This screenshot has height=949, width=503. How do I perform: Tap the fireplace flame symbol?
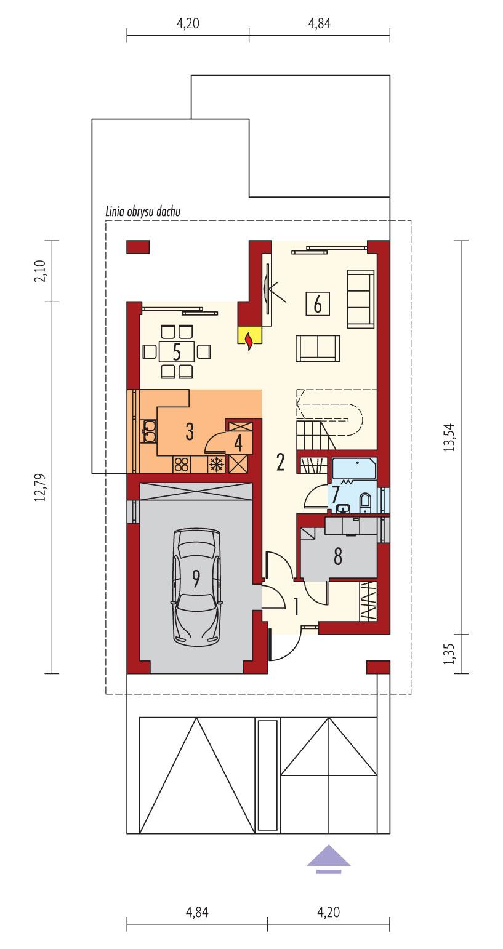pos(249,340)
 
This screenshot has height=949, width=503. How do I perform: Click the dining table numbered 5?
pos(176,352)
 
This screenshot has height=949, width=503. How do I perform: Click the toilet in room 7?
pos(365,502)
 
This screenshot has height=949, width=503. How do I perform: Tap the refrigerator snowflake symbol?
pos(215,465)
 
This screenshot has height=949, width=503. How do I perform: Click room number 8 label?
pos(337,556)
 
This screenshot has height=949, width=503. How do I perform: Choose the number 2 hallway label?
pos(281,462)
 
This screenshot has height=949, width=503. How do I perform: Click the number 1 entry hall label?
pos(296,607)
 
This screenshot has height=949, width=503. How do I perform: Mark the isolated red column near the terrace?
pos(139,247)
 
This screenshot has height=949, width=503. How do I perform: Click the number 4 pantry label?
pos(238,442)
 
